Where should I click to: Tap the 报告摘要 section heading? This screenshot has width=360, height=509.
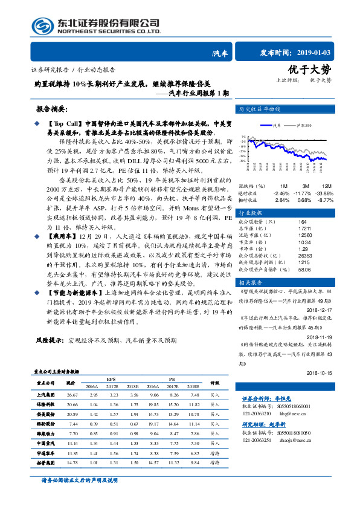(55, 108)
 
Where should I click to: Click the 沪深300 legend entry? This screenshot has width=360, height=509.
(303, 125)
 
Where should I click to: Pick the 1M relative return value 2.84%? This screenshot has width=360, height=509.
(282, 200)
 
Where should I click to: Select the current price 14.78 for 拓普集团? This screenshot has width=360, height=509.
(72, 462)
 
